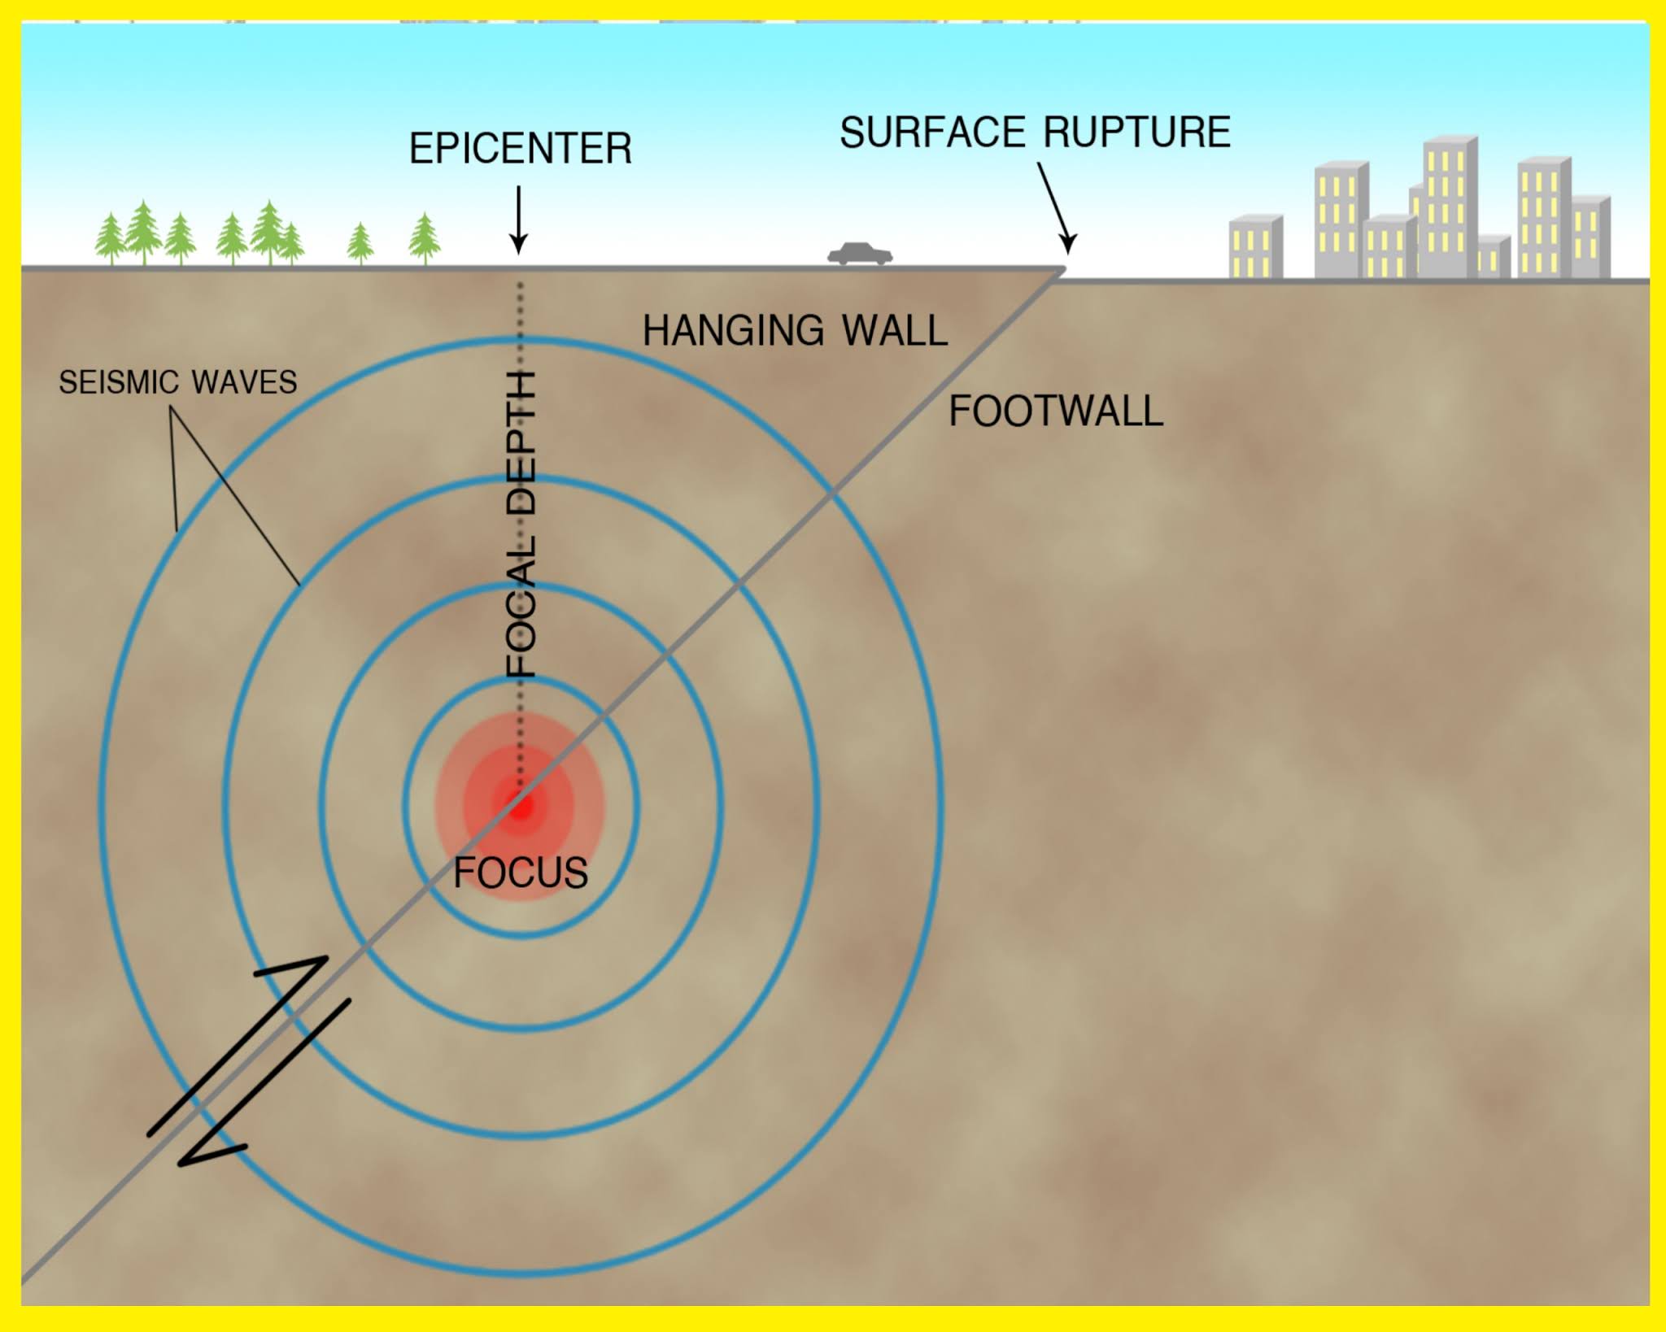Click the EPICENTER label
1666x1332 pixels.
tap(520, 149)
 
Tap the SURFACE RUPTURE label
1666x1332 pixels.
tap(1035, 133)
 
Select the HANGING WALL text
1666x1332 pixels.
tap(795, 331)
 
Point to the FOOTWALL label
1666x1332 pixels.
tap(1055, 411)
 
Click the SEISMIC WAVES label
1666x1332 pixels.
tap(177, 382)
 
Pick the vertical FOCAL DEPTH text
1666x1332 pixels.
tap(521, 524)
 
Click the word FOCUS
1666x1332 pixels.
tap(520, 873)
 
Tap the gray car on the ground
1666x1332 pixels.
tap(860, 254)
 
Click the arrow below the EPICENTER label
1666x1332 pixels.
tap(518, 220)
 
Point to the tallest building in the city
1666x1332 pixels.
tap(1449, 207)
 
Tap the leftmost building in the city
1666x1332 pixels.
tap(1255, 247)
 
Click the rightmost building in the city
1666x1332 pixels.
tap(1590, 237)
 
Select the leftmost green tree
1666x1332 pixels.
tap(109, 239)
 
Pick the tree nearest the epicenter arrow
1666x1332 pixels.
tap(424, 237)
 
